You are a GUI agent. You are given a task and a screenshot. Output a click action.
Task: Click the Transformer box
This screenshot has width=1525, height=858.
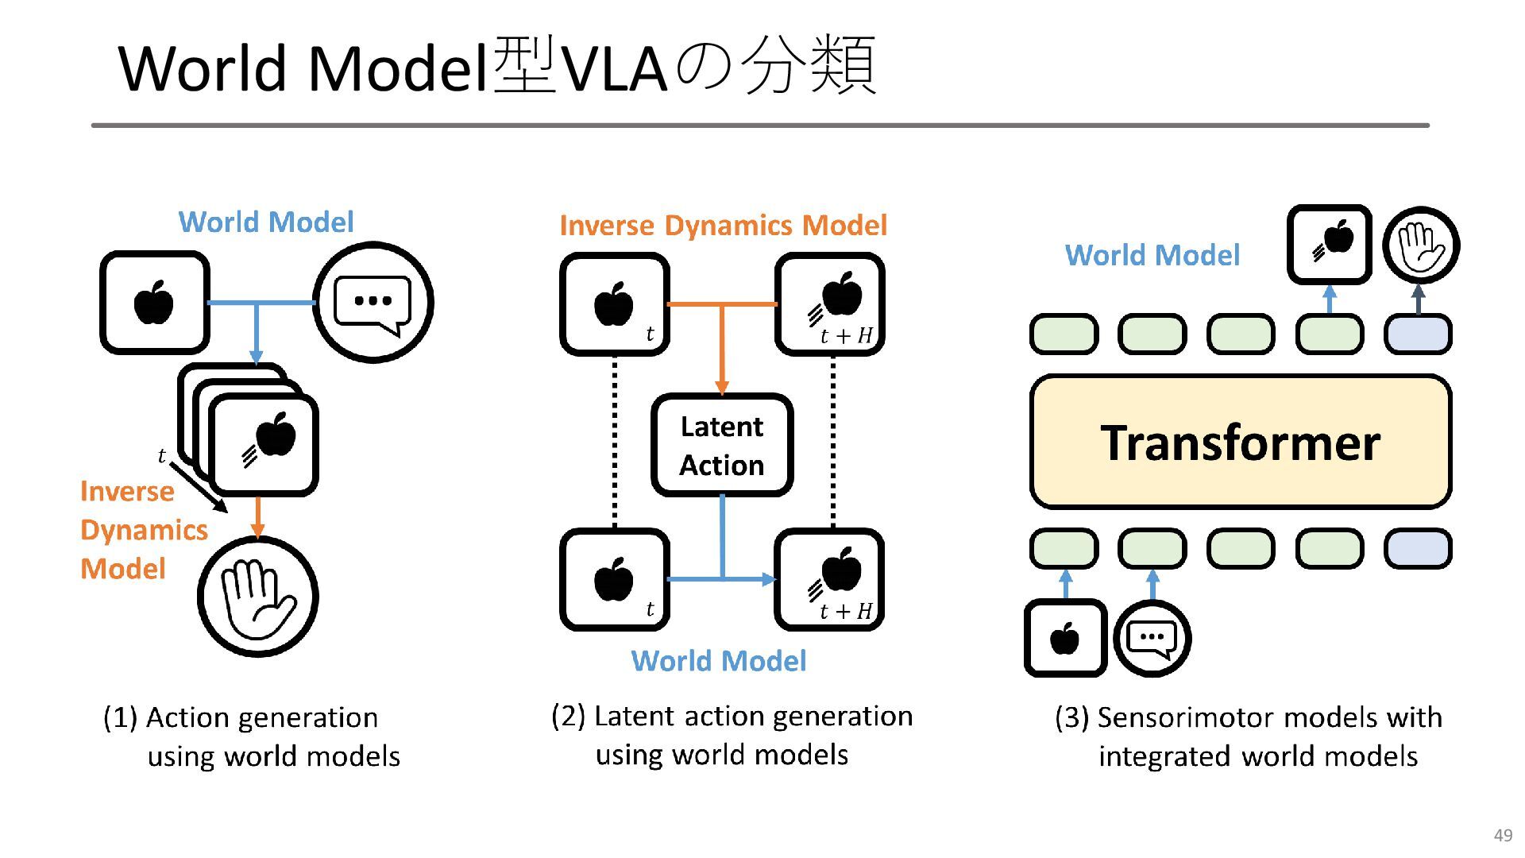pos(1241,442)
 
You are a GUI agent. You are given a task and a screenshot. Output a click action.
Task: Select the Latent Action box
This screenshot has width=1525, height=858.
pos(722,445)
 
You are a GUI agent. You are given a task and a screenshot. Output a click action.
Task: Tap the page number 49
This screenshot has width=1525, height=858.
pos(1503,835)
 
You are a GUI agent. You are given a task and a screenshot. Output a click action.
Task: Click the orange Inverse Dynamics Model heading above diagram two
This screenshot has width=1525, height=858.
pos(723,226)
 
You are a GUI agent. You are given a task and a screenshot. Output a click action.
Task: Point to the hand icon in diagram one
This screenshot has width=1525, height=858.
pos(257,597)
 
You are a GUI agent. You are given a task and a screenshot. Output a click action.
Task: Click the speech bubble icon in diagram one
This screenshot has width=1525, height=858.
pos(373,303)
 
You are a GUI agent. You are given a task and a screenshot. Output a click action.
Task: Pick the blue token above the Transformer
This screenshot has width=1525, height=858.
pos(1418,334)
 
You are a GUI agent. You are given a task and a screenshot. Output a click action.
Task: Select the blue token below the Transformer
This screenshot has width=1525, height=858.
pos(1418,549)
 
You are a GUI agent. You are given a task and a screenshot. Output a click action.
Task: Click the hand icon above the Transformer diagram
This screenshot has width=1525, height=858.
pos(1421,245)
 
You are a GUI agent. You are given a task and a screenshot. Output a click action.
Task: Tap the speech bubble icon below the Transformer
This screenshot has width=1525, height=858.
pos(1152,639)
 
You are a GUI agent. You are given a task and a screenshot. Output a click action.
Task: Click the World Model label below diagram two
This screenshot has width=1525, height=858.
pos(719,661)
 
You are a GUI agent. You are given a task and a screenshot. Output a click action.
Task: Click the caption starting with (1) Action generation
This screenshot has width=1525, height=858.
pos(252,736)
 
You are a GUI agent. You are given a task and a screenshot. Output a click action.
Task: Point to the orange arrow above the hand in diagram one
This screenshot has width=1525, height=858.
pos(257,517)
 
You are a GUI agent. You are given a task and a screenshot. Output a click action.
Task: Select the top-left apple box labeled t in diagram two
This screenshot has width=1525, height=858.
pos(615,304)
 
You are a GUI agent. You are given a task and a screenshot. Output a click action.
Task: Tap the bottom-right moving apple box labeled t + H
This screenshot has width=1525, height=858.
pos(829,580)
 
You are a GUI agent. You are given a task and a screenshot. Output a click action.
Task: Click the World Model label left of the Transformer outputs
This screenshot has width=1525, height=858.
pos(1152,255)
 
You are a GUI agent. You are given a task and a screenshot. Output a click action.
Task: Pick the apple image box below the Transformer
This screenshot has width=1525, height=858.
pos(1065,638)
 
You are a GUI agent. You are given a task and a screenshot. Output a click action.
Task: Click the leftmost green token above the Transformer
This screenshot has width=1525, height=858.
pos(1064,334)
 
